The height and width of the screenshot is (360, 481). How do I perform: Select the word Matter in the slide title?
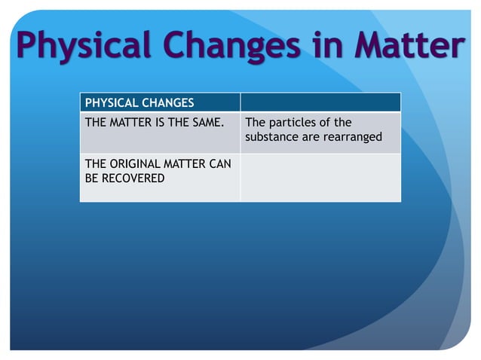(407, 45)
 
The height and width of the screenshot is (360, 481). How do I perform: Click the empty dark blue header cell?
(320, 102)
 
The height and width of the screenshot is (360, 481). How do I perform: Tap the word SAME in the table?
(207, 123)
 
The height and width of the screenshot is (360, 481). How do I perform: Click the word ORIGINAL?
(133, 163)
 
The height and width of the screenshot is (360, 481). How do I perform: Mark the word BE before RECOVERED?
(93, 178)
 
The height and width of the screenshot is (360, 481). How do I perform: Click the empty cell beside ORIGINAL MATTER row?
(320, 178)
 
